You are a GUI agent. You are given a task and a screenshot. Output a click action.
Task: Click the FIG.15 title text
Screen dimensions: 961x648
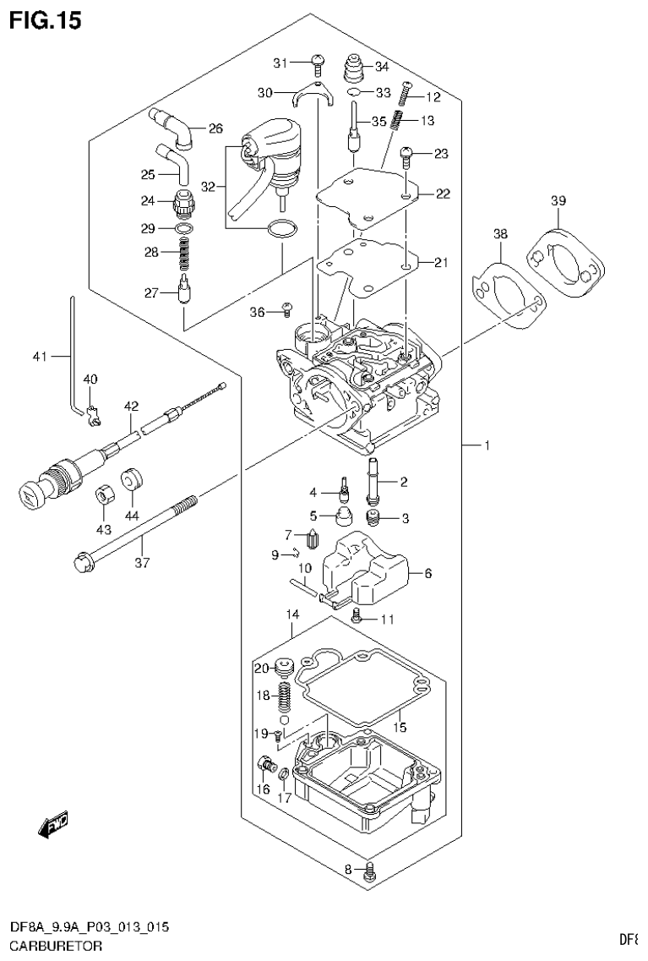pyautogui.click(x=46, y=20)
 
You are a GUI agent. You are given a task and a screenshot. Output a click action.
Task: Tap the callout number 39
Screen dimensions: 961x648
pyautogui.click(x=558, y=200)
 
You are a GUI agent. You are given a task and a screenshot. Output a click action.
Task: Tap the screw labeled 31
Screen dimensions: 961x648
pyautogui.click(x=318, y=61)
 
